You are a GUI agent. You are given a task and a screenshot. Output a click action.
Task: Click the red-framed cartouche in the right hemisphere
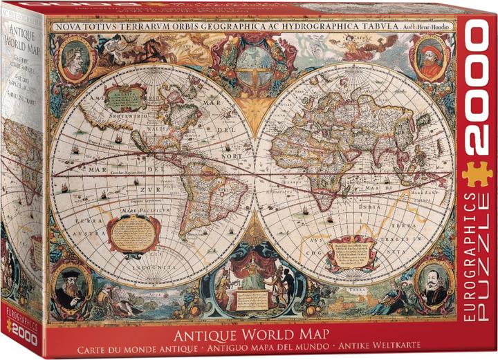(351, 252)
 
